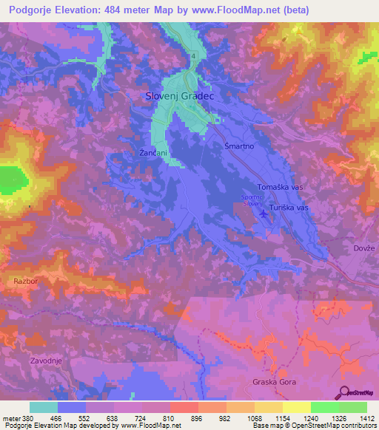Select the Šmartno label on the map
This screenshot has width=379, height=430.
click(239, 147)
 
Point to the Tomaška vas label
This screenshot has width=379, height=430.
click(281, 188)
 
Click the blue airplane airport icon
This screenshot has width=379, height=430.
click(264, 215)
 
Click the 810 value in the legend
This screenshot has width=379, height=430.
click(161, 417)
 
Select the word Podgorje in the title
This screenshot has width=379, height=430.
click(35, 10)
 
